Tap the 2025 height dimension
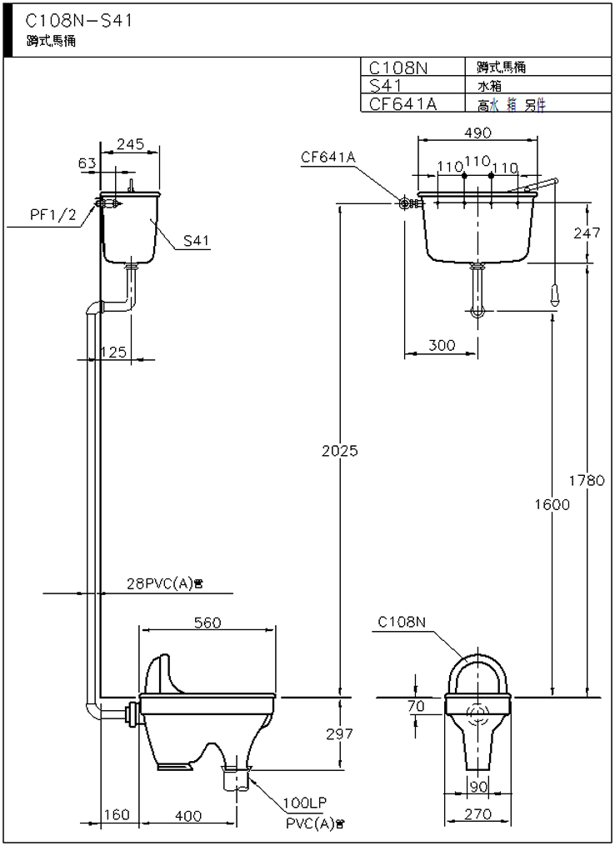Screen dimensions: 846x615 pyautogui.click(x=339, y=451)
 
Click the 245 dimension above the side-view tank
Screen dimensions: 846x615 pyautogui.click(x=132, y=144)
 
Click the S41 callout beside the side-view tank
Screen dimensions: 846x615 pyautogui.click(x=196, y=242)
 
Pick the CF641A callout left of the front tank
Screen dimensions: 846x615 pyautogui.click(x=328, y=156)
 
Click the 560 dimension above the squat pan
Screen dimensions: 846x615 pyautogui.click(x=206, y=623)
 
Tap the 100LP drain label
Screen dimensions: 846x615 pyautogui.click(x=304, y=803)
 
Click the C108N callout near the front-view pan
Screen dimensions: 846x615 pyautogui.click(x=402, y=622)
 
